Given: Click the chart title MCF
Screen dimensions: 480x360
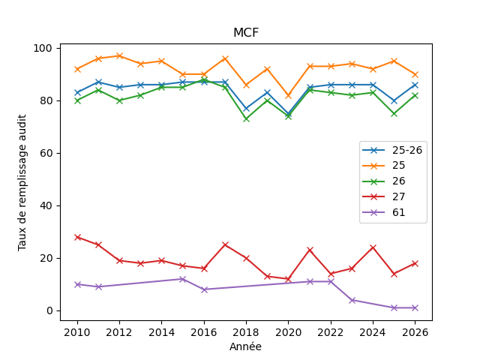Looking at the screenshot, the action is click(x=246, y=32).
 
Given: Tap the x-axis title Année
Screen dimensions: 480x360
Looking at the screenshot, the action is click(x=245, y=346).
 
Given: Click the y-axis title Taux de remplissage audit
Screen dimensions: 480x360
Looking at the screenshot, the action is click(x=22, y=183).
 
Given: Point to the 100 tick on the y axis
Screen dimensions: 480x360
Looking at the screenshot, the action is click(x=43, y=48).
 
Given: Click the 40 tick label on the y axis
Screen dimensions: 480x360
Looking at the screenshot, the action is click(x=46, y=205).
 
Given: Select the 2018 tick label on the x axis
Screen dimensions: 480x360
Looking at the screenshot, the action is click(x=246, y=332).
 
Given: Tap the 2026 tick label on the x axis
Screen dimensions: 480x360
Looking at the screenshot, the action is click(x=415, y=332).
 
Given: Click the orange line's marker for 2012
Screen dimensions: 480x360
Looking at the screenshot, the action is click(x=119, y=56).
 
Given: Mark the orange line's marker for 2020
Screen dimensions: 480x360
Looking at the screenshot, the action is click(x=288, y=95).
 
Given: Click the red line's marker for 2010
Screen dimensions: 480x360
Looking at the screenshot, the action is click(x=77, y=237).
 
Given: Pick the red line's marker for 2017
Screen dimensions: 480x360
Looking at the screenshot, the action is click(x=225, y=245).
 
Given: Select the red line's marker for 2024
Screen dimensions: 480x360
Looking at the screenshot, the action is click(x=373, y=247).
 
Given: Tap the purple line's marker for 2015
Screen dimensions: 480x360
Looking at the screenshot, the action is click(x=183, y=279).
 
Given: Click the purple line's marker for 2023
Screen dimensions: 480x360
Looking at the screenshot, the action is click(x=352, y=300).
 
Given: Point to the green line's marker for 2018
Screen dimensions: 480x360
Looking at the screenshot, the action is click(x=246, y=119).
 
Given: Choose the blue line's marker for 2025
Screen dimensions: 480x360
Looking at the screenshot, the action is click(x=394, y=100).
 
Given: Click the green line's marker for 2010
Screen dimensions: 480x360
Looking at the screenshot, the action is click(x=77, y=100).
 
